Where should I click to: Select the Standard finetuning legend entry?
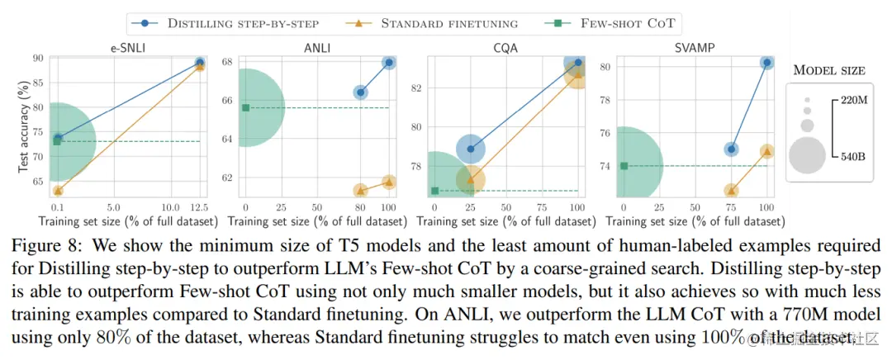(445, 23)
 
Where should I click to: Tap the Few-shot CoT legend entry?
(616, 23)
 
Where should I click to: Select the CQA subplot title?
(505, 48)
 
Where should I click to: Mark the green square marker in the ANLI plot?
(245, 107)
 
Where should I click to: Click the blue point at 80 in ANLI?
(360, 92)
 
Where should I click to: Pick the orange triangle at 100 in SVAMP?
(767, 151)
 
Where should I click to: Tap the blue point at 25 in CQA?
(471, 149)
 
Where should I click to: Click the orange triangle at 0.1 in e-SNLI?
(57, 191)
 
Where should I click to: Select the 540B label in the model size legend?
(851, 154)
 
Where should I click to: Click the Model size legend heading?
(829, 70)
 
